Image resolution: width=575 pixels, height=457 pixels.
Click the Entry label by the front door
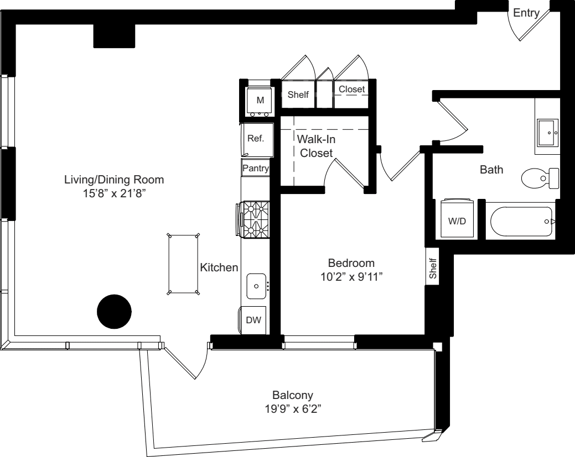[526, 13]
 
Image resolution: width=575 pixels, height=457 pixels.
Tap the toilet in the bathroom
[540, 178]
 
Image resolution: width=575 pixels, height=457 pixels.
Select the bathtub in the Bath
[521, 222]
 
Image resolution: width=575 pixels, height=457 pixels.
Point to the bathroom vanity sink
[548, 132]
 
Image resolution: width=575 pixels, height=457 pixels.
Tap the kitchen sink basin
[256, 286]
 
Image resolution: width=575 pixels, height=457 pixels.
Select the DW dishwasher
[253, 320]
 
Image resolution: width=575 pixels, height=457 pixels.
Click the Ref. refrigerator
[256, 139]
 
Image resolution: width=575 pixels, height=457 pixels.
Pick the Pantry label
[256, 168]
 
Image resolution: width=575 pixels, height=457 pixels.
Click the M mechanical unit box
[260, 101]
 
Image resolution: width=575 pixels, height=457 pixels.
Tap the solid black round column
[114, 312]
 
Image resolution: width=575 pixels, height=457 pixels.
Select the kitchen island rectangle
[183, 264]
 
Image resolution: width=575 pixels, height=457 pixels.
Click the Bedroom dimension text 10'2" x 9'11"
[351, 277]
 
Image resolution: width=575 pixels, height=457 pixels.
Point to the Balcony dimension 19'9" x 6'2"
[293, 409]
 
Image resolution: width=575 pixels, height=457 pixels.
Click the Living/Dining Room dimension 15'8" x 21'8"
[115, 193]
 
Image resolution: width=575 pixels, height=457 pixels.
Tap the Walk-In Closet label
[316, 146]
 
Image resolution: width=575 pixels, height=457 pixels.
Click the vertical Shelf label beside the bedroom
[433, 269]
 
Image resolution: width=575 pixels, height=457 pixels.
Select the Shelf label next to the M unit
[298, 95]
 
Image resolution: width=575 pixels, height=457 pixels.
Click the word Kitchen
[219, 267]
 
